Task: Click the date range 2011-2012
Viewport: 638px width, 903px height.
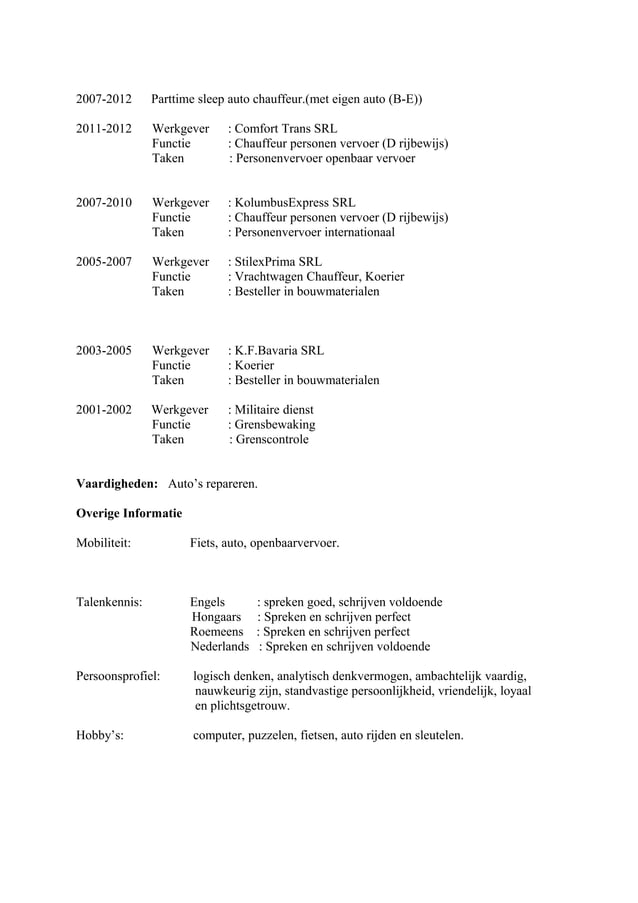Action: click(x=104, y=129)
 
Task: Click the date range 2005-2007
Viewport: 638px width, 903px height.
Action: click(x=104, y=262)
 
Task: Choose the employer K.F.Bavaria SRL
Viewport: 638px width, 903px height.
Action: click(x=279, y=351)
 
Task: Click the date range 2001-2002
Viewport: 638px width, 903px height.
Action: click(x=104, y=409)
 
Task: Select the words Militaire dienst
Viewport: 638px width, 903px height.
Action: click(x=274, y=409)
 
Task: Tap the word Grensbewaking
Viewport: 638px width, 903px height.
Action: click(x=275, y=424)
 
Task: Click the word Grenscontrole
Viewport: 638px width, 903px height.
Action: click(x=272, y=439)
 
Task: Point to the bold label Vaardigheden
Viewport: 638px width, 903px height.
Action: click(x=117, y=484)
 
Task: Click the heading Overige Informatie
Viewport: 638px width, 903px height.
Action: click(x=129, y=514)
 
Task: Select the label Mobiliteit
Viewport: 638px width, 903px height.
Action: click(x=106, y=544)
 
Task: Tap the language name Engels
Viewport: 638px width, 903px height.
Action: click(x=208, y=602)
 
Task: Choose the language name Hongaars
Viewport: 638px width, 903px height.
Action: click(x=217, y=617)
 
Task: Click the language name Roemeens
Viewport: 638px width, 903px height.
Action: click(x=217, y=632)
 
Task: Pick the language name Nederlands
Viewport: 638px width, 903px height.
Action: click(x=220, y=647)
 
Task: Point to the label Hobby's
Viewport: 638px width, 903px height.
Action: click(x=100, y=735)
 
